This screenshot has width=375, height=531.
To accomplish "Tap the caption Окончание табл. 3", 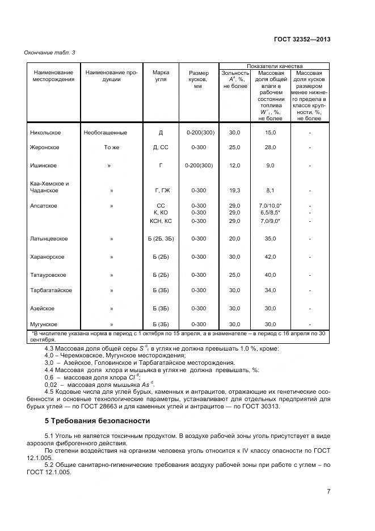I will tap(50, 53).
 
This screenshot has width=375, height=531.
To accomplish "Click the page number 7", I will tap(328, 491).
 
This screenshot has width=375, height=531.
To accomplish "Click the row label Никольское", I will tap(45, 133).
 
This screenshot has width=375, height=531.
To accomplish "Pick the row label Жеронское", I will tap(45, 147).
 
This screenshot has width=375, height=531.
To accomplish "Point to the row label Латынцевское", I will tap(49, 239).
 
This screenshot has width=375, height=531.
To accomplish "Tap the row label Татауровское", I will tap(48, 275).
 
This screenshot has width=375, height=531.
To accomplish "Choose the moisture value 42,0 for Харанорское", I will tap(270, 257).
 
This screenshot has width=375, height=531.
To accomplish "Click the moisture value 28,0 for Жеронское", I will tap(270, 147).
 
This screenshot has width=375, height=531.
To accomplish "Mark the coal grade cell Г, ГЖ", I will tap(161, 191).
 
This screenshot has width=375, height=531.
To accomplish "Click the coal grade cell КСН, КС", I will tap(161, 221).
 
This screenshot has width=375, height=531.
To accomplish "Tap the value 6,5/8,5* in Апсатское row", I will tap(270, 213).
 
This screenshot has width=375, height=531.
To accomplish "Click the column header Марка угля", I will tap(161, 76).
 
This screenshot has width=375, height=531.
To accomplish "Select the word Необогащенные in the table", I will tap(105, 133).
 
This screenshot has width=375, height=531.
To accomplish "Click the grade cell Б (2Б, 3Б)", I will tap(161, 239).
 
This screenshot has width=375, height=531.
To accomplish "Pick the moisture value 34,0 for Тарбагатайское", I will tap(270, 290).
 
